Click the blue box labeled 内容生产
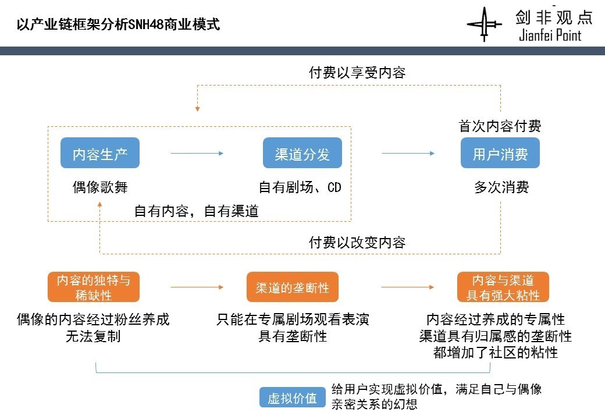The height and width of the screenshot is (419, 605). pyautogui.click(x=100, y=154)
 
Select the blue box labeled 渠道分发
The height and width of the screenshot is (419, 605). pyautogui.click(x=302, y=154)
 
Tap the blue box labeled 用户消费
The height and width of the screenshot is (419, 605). pyautogui.click(x=500, y=154)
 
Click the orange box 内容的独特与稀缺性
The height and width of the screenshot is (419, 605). pyautogui.click(x=94, y=287)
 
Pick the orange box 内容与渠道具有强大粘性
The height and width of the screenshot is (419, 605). pyautogui.click(x=503, y=287)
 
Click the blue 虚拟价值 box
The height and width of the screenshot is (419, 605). pyautogui.click(x=292, y=398)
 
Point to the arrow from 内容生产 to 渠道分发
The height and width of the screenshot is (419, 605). pyautogui.click(x=197, y=153)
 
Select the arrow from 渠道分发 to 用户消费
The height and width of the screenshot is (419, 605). pyautogui.click(x=408, y=153)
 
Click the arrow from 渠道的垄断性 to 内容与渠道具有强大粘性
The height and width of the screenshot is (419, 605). pyautogui.click(x=408, y=287)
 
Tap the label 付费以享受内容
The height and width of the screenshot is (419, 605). pyautogui.click(x=357, y=73)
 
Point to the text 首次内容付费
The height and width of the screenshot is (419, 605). pyautogui.click(x=500, y=126)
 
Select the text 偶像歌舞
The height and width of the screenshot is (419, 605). pyautogui.click(x=100, y=187)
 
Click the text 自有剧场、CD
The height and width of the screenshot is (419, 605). pyautogui.click(x=300, y=187)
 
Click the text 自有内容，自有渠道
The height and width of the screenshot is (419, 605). pyautogui.click(x=197, y=211)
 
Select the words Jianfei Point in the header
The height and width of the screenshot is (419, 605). pyautogui.click(x=550, y=35)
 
